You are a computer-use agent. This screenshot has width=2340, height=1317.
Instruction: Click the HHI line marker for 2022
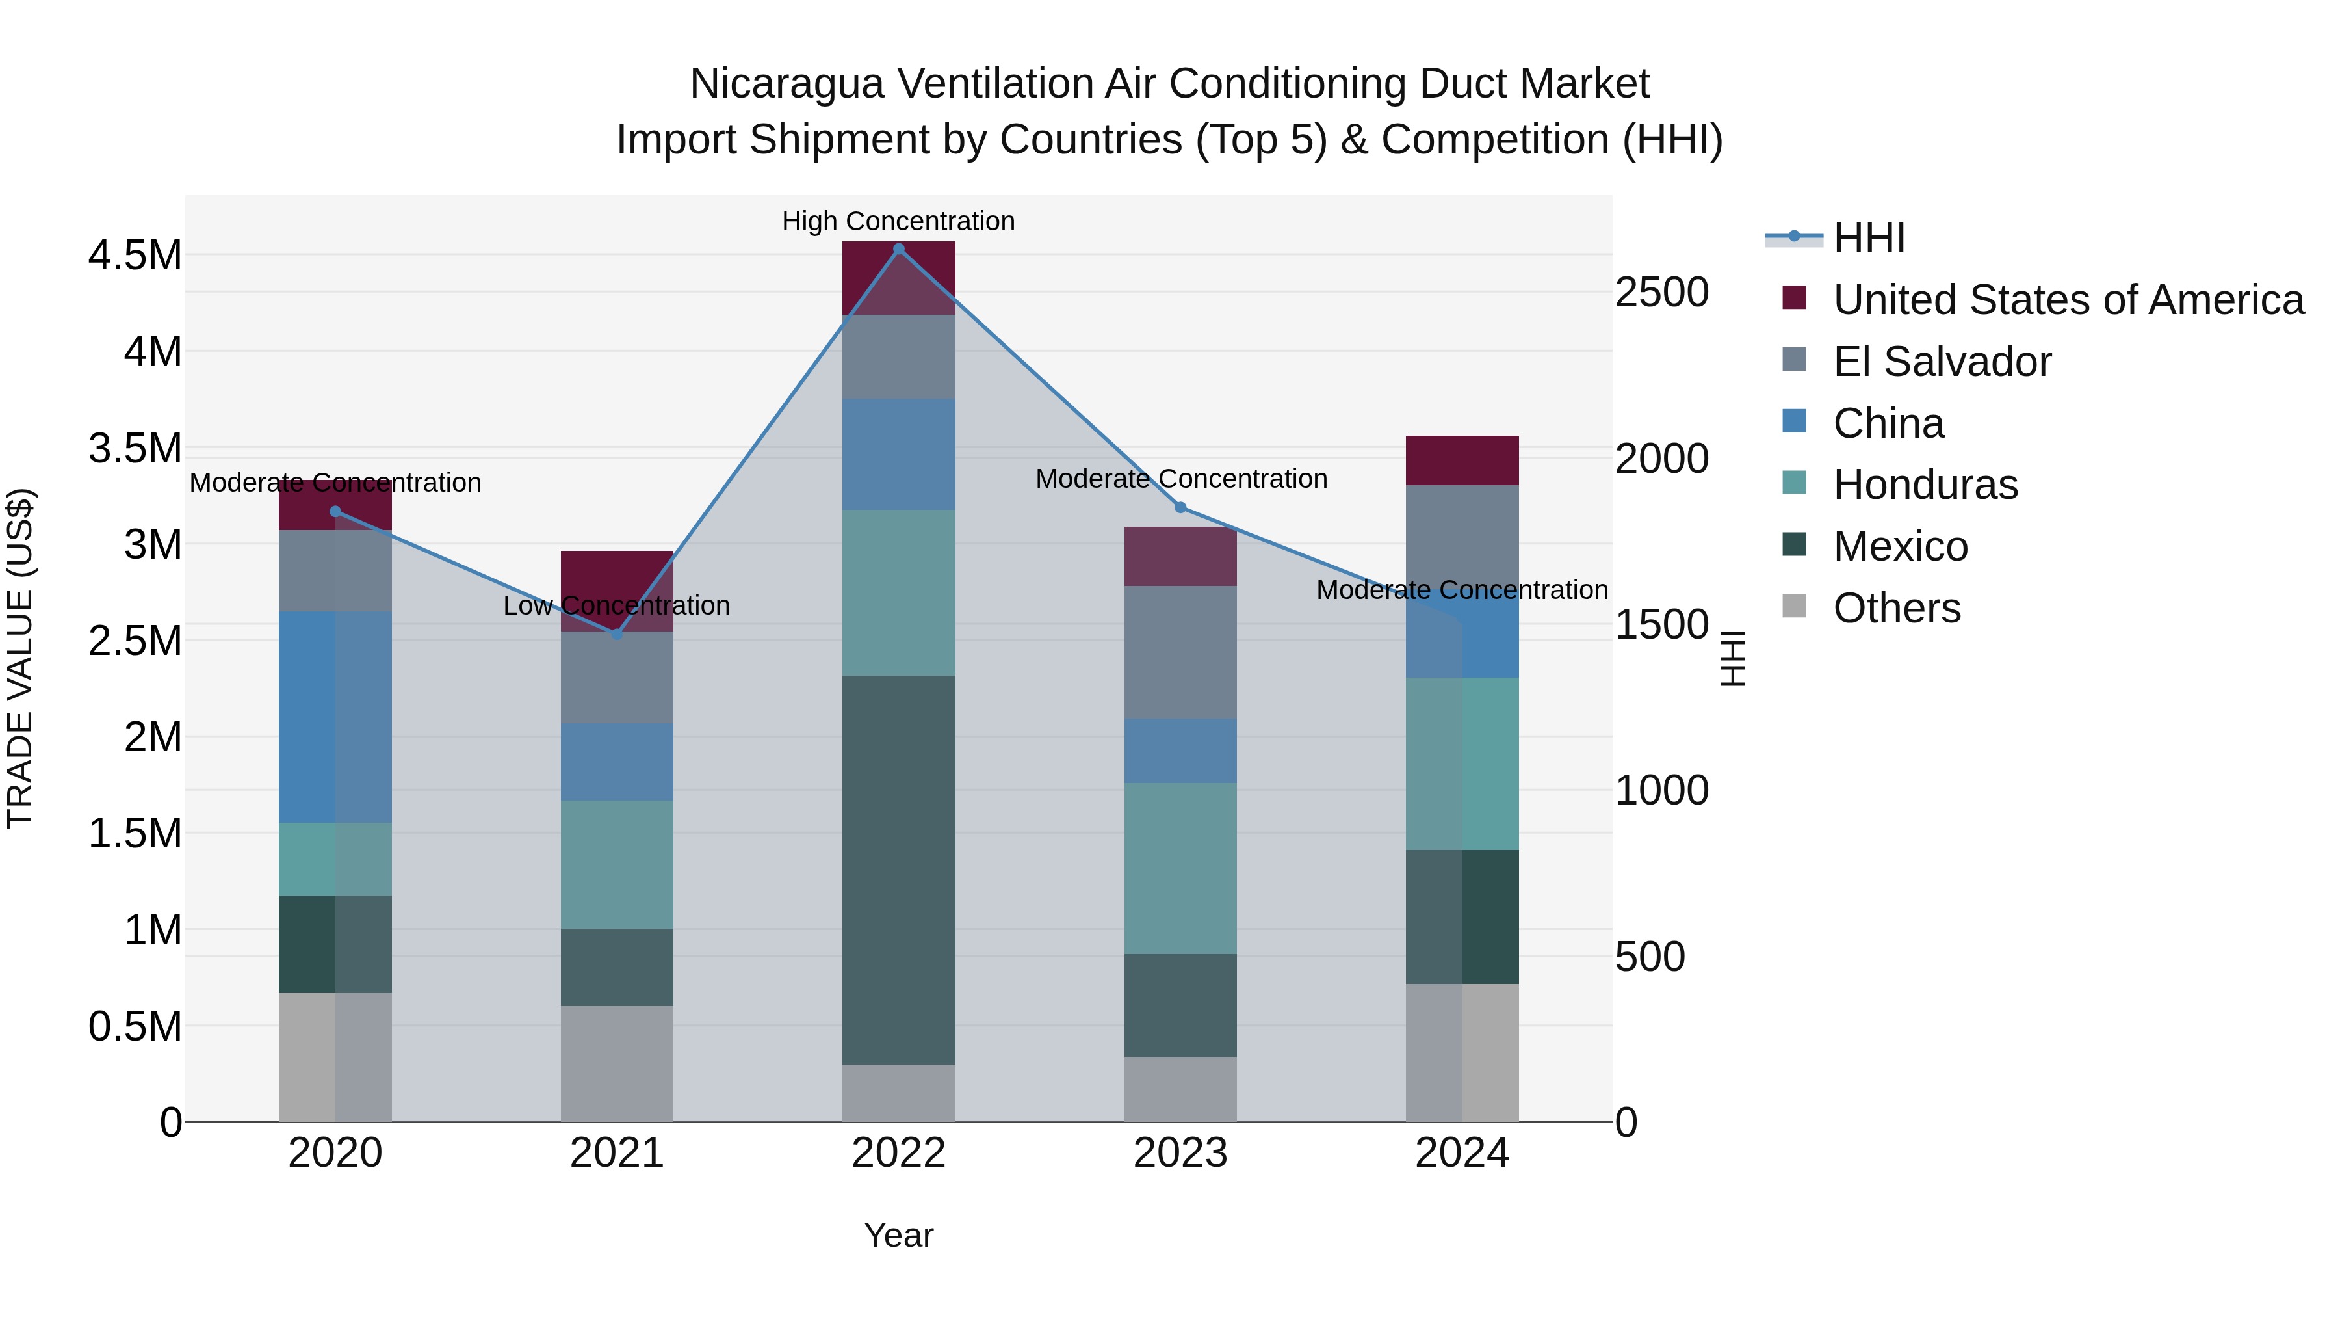[x=898, y=248]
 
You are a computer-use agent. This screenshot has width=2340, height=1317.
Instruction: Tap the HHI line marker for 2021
[x=617, y=633]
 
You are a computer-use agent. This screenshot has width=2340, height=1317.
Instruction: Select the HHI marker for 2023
[x=1180, y=507]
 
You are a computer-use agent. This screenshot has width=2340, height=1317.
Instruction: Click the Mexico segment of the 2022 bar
[x=898, y=869]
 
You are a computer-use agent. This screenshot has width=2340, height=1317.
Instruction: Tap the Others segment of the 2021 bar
[x=617, y=1063]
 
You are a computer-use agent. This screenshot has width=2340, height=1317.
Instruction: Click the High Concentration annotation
[x=898, y=221]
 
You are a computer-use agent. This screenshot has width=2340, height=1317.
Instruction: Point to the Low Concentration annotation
[x=617, y=605]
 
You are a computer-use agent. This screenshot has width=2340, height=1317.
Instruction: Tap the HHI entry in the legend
[x=1869, y=238]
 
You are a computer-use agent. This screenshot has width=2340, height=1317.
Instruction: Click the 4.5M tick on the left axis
[x=135, y=256]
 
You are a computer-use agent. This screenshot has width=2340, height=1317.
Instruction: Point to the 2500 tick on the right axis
[x=1661, y=293]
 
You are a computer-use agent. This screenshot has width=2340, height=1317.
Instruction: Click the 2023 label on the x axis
[x=1180, y=1153]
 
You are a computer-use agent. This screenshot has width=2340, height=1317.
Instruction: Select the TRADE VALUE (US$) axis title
[x=20, y=658]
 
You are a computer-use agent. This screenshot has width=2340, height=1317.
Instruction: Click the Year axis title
[x=898, y=1235]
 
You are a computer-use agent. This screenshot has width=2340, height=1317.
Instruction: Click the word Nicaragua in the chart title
[x=786, y=84]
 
